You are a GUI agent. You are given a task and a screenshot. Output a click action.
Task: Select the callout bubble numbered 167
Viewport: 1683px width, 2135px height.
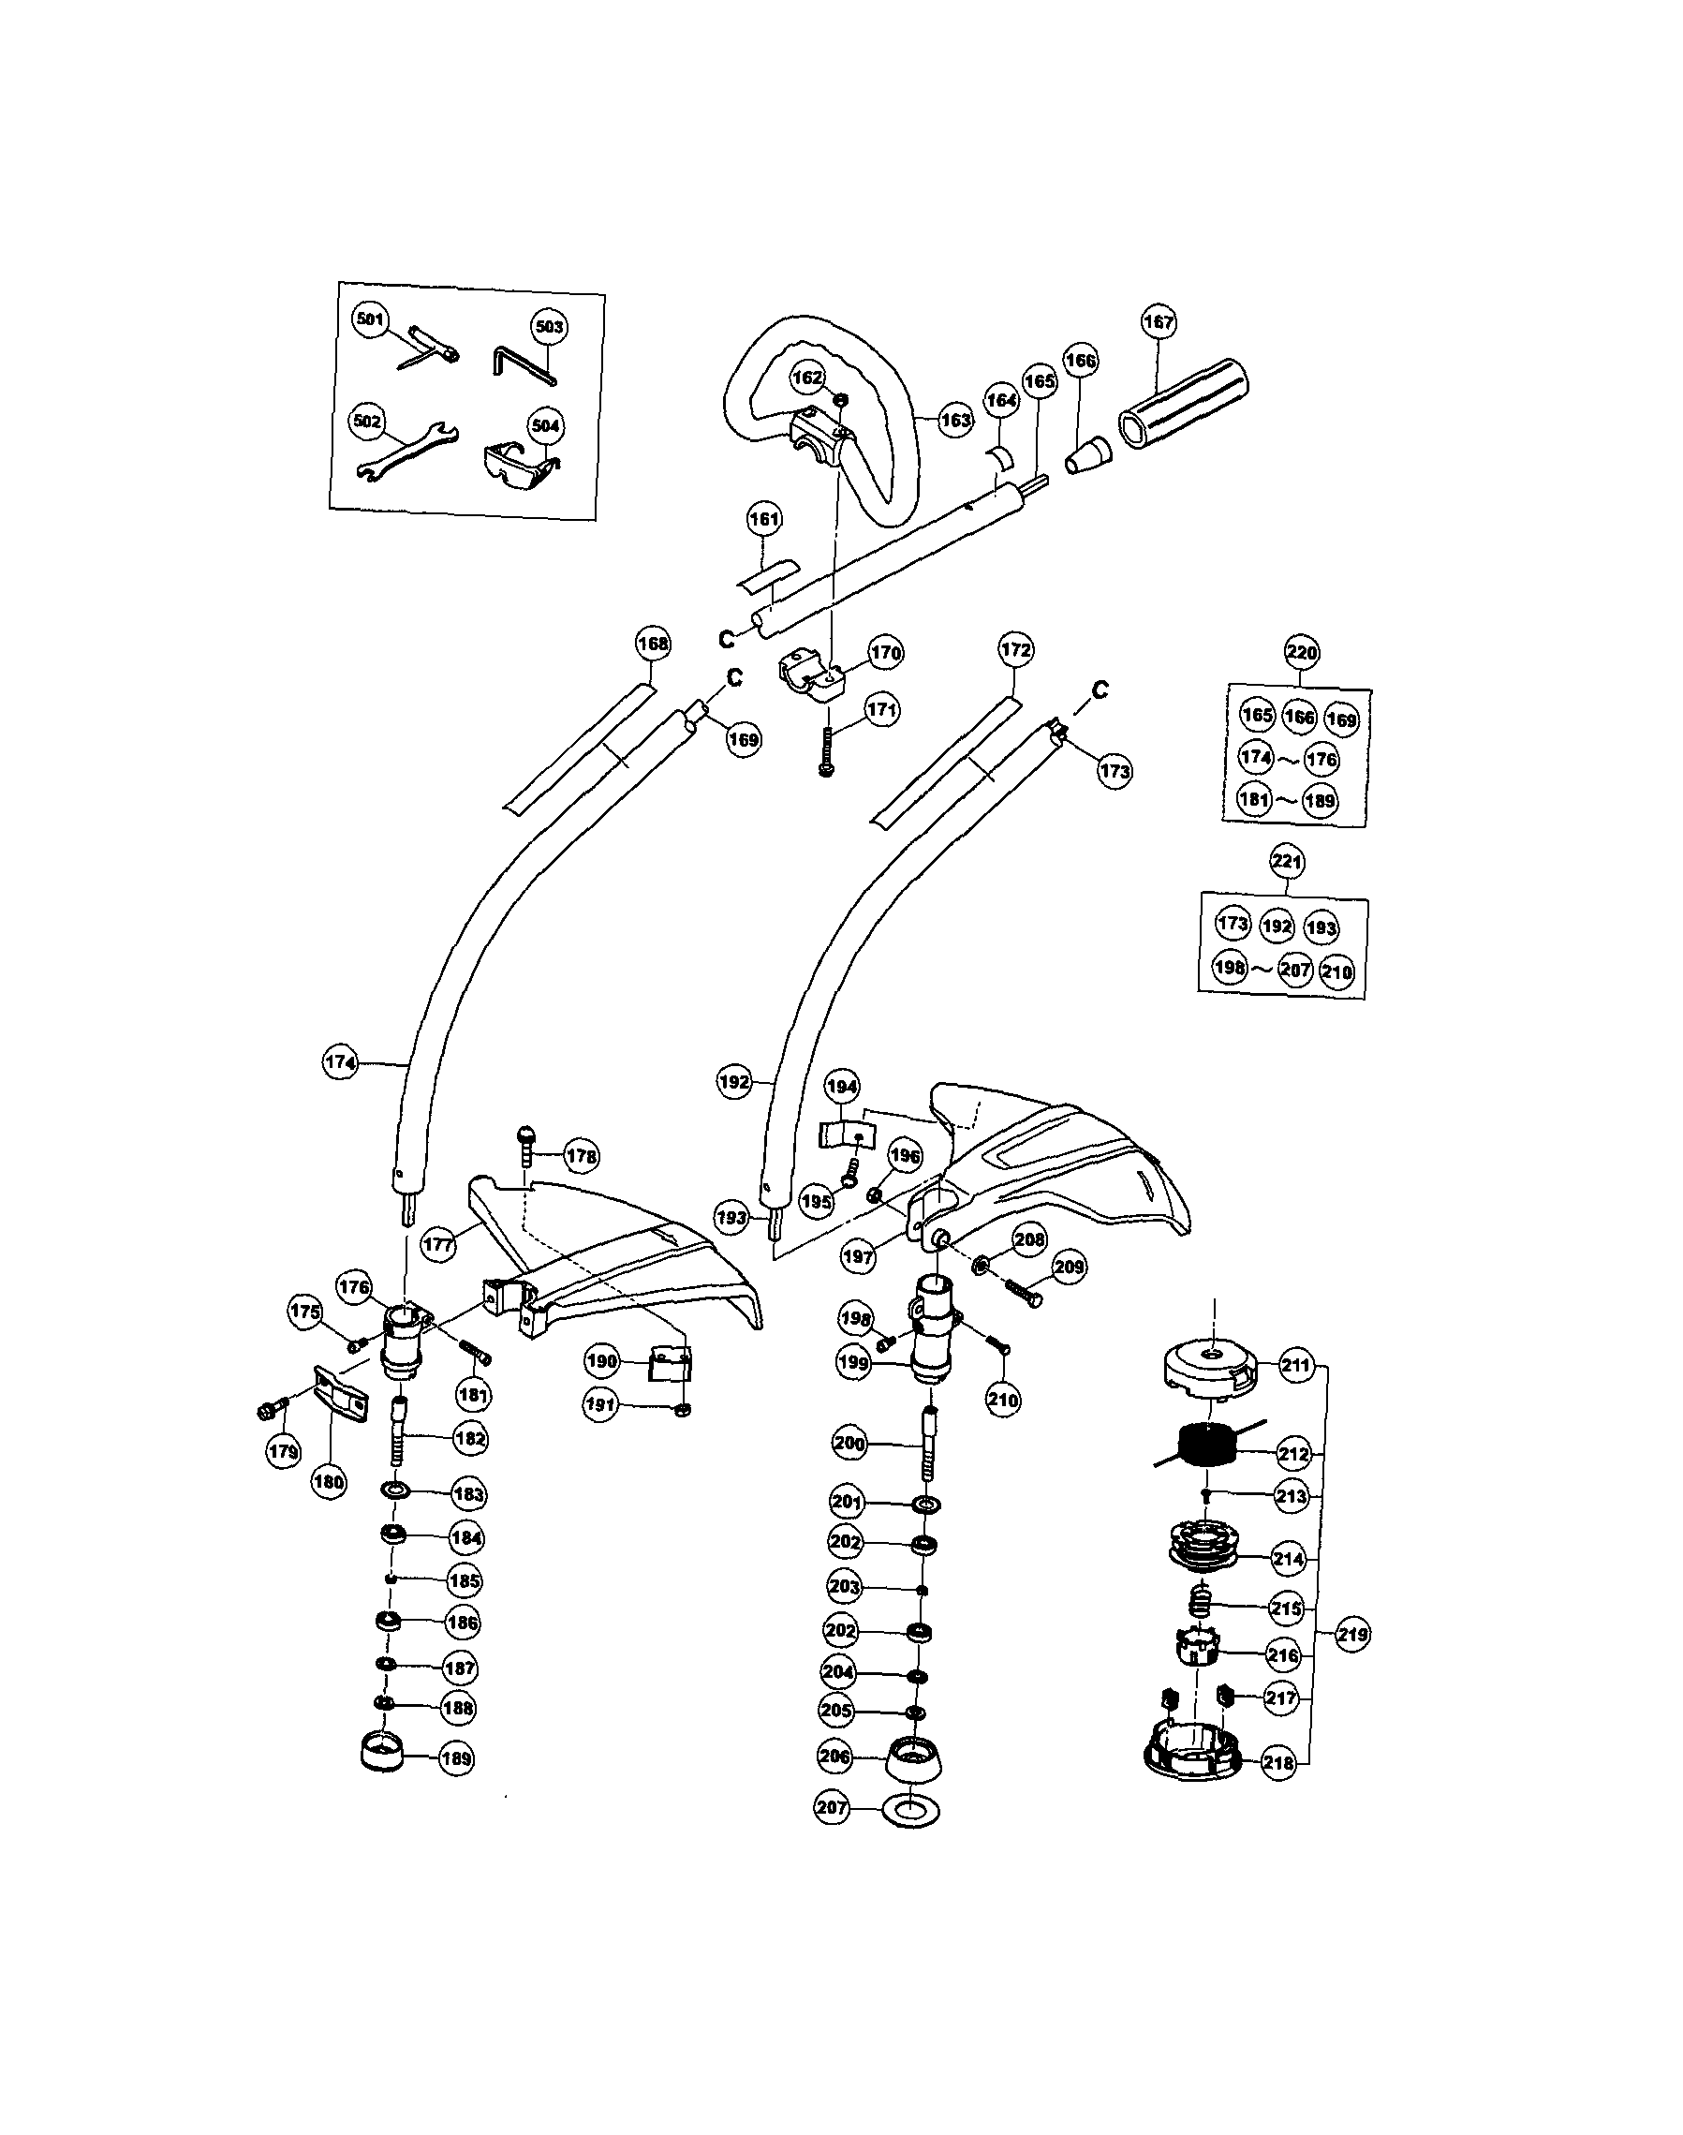coord(1159,322)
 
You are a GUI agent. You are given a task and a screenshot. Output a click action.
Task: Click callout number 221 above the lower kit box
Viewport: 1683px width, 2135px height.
coord(1287,862)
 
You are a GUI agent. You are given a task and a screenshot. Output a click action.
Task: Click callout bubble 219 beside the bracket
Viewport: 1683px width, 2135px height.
coord(1353,1633)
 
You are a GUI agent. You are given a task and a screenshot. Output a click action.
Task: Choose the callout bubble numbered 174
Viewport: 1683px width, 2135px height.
coord(340,1062)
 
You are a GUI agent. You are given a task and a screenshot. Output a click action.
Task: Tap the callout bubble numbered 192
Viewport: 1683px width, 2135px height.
coord(735,1081)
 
